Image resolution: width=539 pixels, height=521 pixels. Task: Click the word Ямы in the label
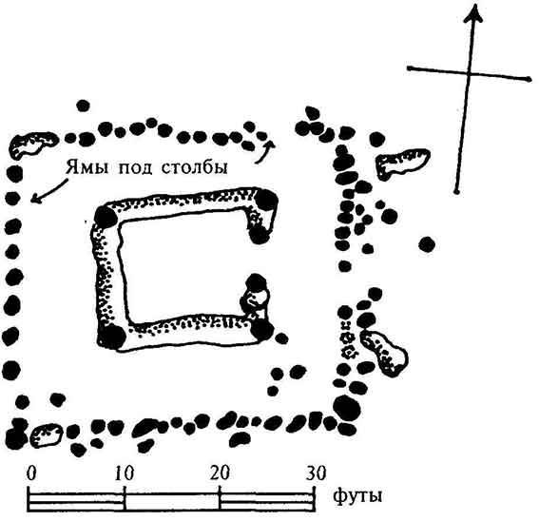[87, 167]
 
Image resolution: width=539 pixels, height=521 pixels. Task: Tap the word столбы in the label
[195, 167]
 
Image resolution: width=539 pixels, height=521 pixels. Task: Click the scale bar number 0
[31, 473]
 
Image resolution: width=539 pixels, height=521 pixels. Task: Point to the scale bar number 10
[125, 473]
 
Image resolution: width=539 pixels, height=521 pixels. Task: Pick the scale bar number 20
[220, 473]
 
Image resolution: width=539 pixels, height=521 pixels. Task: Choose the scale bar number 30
[316, 473]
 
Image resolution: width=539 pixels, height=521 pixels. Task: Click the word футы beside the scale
[357, 496]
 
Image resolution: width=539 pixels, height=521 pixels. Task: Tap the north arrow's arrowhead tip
[475, 4]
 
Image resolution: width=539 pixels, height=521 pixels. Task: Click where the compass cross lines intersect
[469, 73]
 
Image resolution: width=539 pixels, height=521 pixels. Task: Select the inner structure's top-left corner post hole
[106, 217]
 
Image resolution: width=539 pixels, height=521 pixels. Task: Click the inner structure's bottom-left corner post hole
[112, 337]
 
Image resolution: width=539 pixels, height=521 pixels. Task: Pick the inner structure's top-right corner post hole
[266, 200]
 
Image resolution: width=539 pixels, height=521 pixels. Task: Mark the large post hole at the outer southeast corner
[347, 409]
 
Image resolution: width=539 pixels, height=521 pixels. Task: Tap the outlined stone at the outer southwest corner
[47, 434]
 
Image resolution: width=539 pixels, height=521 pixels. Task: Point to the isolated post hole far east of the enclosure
[427, 245]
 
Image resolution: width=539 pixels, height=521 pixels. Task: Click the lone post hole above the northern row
[83, 106]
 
